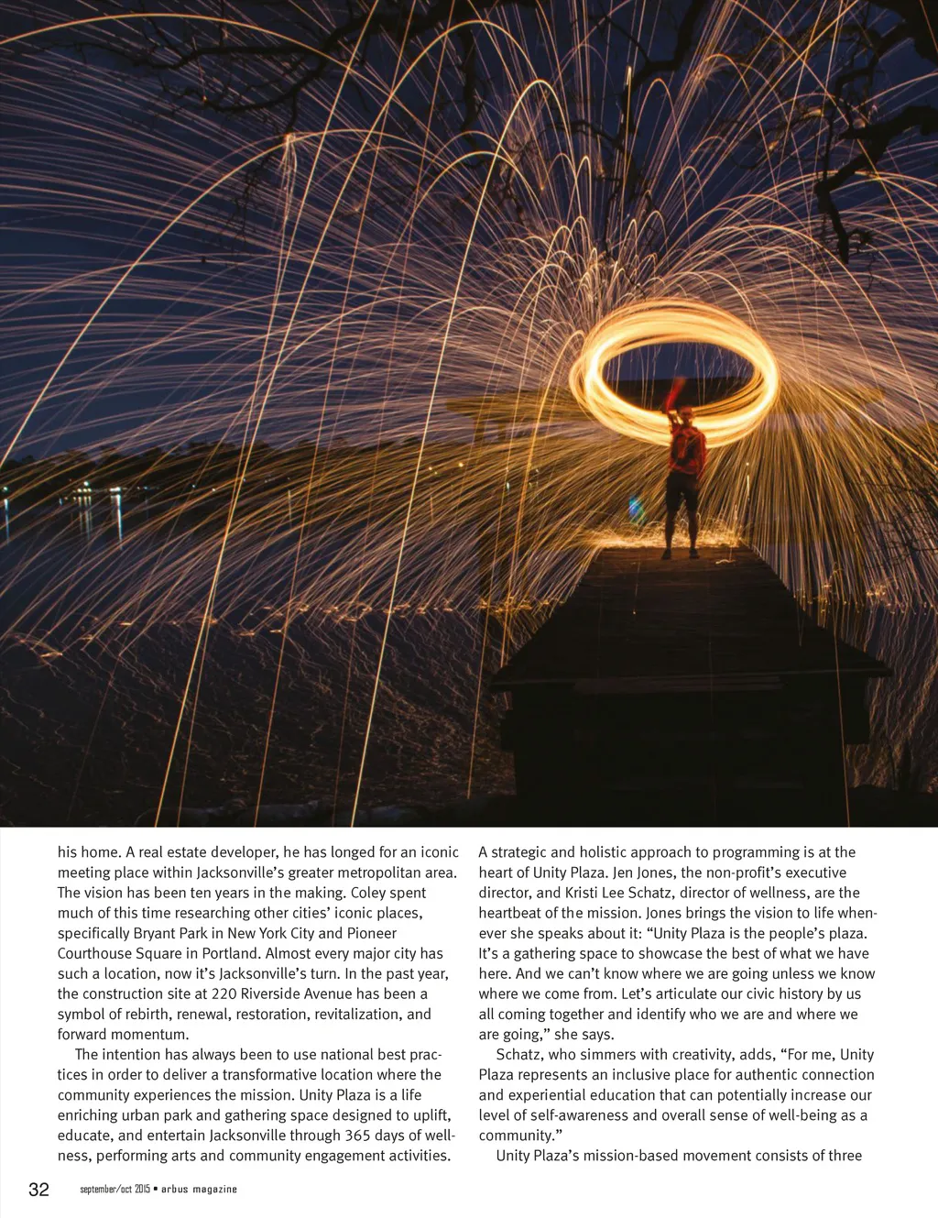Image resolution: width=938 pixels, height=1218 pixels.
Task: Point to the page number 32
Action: point(38,1190)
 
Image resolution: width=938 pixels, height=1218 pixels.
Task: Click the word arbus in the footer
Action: point(175,1190)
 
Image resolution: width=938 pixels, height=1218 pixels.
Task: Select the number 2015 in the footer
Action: point(142,1190)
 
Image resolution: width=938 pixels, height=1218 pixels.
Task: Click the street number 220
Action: point(224,993)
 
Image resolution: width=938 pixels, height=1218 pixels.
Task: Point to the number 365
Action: point(351,1136)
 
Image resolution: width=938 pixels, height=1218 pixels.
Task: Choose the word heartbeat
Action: point(510,913)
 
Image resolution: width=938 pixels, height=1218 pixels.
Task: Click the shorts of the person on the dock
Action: point(682,493)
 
